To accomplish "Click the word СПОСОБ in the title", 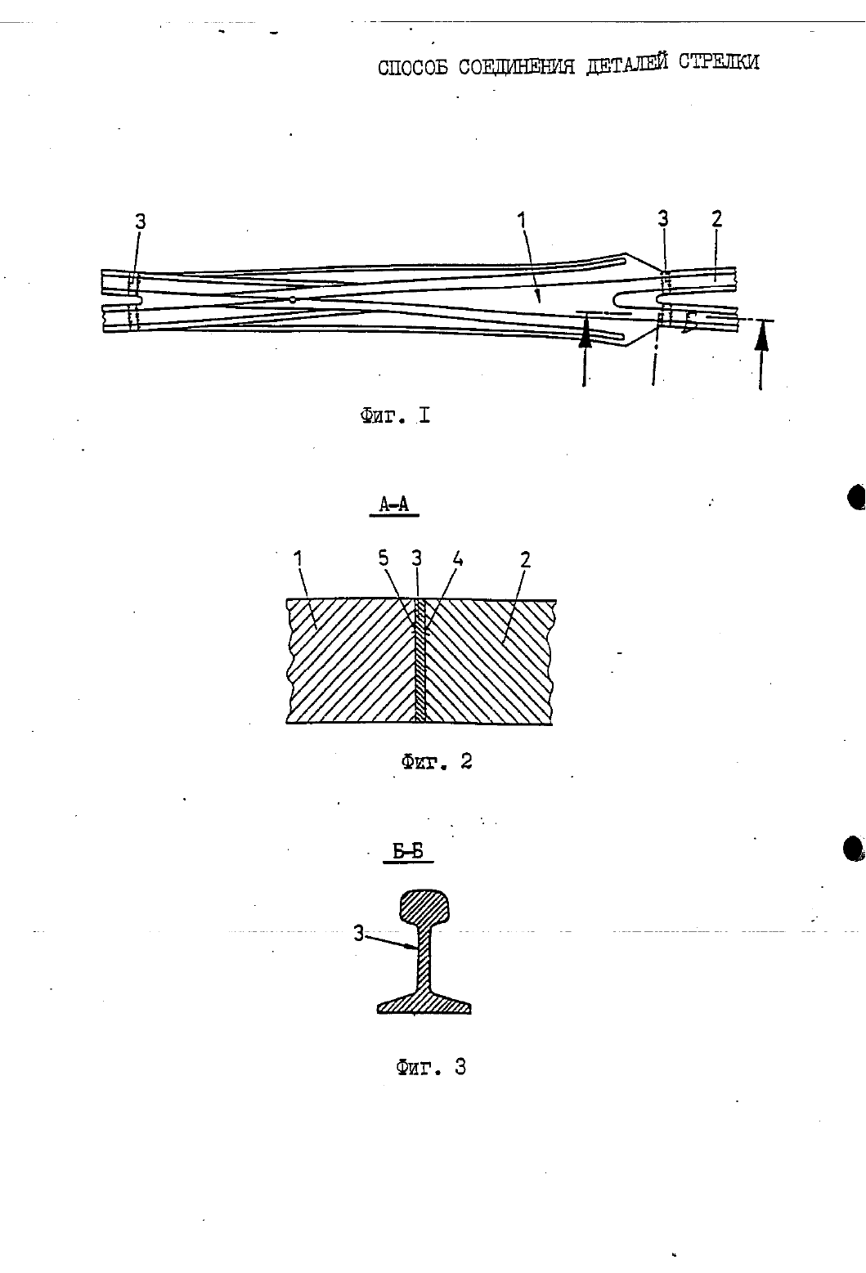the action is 412,67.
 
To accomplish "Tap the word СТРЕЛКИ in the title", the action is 719,61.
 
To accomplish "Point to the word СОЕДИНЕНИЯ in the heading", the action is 517,66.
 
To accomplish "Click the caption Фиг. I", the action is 395,416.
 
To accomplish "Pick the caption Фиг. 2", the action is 437,761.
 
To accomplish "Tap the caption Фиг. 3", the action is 431,1067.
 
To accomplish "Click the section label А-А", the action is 394,504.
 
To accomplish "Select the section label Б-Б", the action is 408,851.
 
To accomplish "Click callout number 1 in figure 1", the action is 522,221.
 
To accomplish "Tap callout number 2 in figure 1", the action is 716,218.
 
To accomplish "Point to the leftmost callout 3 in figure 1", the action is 141,221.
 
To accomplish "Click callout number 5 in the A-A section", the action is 384,558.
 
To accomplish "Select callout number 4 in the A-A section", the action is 457,559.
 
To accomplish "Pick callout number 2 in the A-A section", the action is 525,559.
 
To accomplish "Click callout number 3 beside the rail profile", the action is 358,933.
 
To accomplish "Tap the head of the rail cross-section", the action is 424,907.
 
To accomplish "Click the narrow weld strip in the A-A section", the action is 419,660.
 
